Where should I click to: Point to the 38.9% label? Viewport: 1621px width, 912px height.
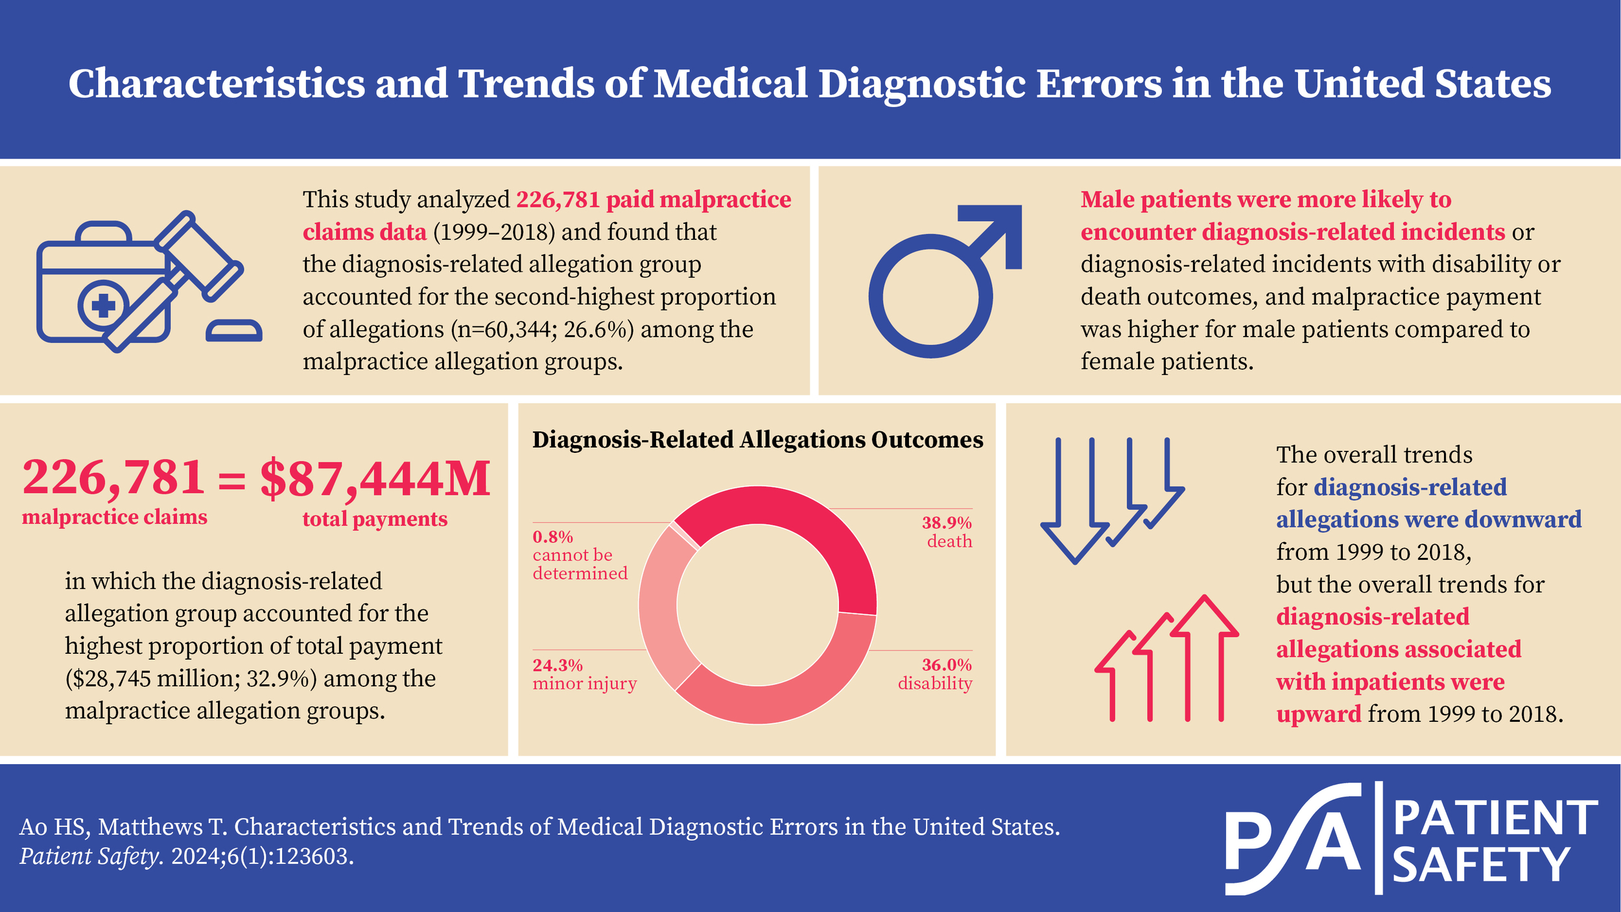[946, 523]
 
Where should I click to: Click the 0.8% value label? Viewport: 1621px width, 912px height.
[552, 537]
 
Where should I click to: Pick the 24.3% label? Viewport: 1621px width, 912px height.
[557, 666]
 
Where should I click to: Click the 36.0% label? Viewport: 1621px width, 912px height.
[946, 665]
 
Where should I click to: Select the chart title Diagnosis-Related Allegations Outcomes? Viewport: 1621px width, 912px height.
[757, 440]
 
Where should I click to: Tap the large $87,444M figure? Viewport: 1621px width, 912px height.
[375, 479]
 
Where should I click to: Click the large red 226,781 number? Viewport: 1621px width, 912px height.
[113, 477]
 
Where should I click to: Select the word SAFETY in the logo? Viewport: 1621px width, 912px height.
[1481, 865]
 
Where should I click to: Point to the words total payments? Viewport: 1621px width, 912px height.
[375, 519]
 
